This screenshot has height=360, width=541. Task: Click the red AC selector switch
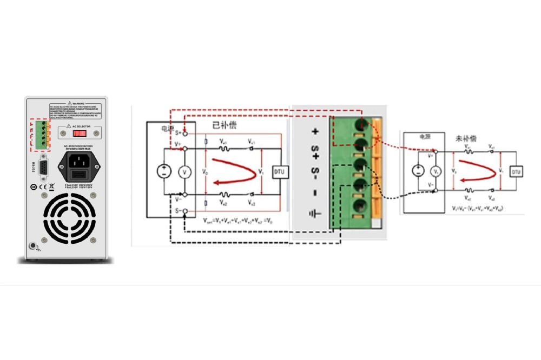pos(80,132)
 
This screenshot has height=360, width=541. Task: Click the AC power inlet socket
pos(80,161)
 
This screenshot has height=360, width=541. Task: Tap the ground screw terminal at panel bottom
pos(35,246)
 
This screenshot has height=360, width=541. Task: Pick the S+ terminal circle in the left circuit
pos(185,133)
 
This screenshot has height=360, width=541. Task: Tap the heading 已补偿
pos(224,125)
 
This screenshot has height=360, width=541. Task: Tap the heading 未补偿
pos(466,139)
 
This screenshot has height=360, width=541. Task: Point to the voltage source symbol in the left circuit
pos(163,171)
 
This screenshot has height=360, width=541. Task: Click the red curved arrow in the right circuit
pos(476,171)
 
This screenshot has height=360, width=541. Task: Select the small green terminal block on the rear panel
pos(39,134)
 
